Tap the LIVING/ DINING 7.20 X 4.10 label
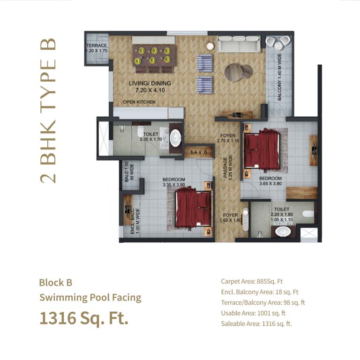tap(150, 87)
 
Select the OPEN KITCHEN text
tap(139, 102)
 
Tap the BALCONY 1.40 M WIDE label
tap(280, 77)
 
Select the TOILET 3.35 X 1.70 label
tap(150, 136)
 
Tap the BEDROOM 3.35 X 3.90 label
tap(174, 182)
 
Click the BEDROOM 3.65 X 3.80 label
tap(270, 181)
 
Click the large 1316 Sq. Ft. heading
tap(83, 318)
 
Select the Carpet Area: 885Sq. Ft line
tap(252, 282)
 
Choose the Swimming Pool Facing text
tap(90, 298)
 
